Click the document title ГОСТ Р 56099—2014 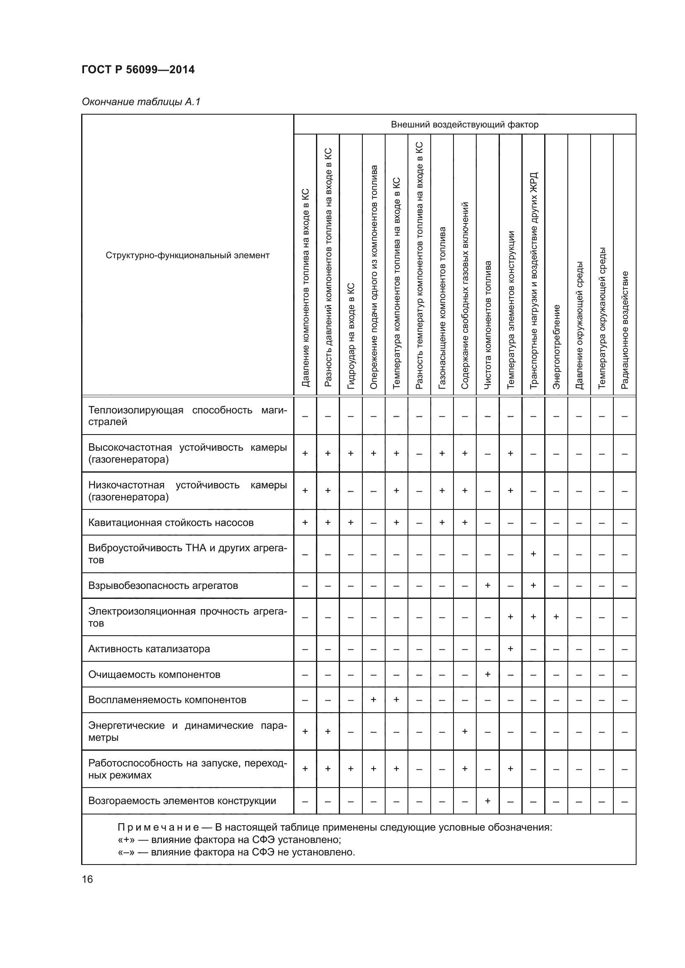(138, 70)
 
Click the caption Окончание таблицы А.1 (141, 102)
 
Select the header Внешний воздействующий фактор (464, 125)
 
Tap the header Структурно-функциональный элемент (187, 255)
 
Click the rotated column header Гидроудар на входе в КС (350, 336)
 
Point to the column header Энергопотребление (556, 346)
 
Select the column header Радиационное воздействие (625, 330)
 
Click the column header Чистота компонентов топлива (487, 324)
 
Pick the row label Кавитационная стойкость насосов (171, 523)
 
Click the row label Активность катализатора (149, 649)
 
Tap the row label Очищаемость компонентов (154, 675)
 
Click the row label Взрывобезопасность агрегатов (163, 586)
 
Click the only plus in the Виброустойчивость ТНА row (533, 554)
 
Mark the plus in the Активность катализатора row (510, 649)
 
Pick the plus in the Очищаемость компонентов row (487, 674)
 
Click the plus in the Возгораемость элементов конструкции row (487, 801)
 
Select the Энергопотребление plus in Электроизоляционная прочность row (556, 617)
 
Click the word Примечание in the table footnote (158, 828)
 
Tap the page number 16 (87, 879)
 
